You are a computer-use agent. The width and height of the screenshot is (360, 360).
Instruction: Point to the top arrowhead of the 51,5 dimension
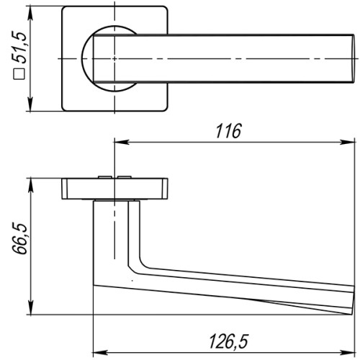[31, 12]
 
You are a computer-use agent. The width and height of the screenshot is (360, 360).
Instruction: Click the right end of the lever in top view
[351, 58]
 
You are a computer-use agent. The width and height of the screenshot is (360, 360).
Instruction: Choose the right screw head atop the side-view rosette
[132, 176]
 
